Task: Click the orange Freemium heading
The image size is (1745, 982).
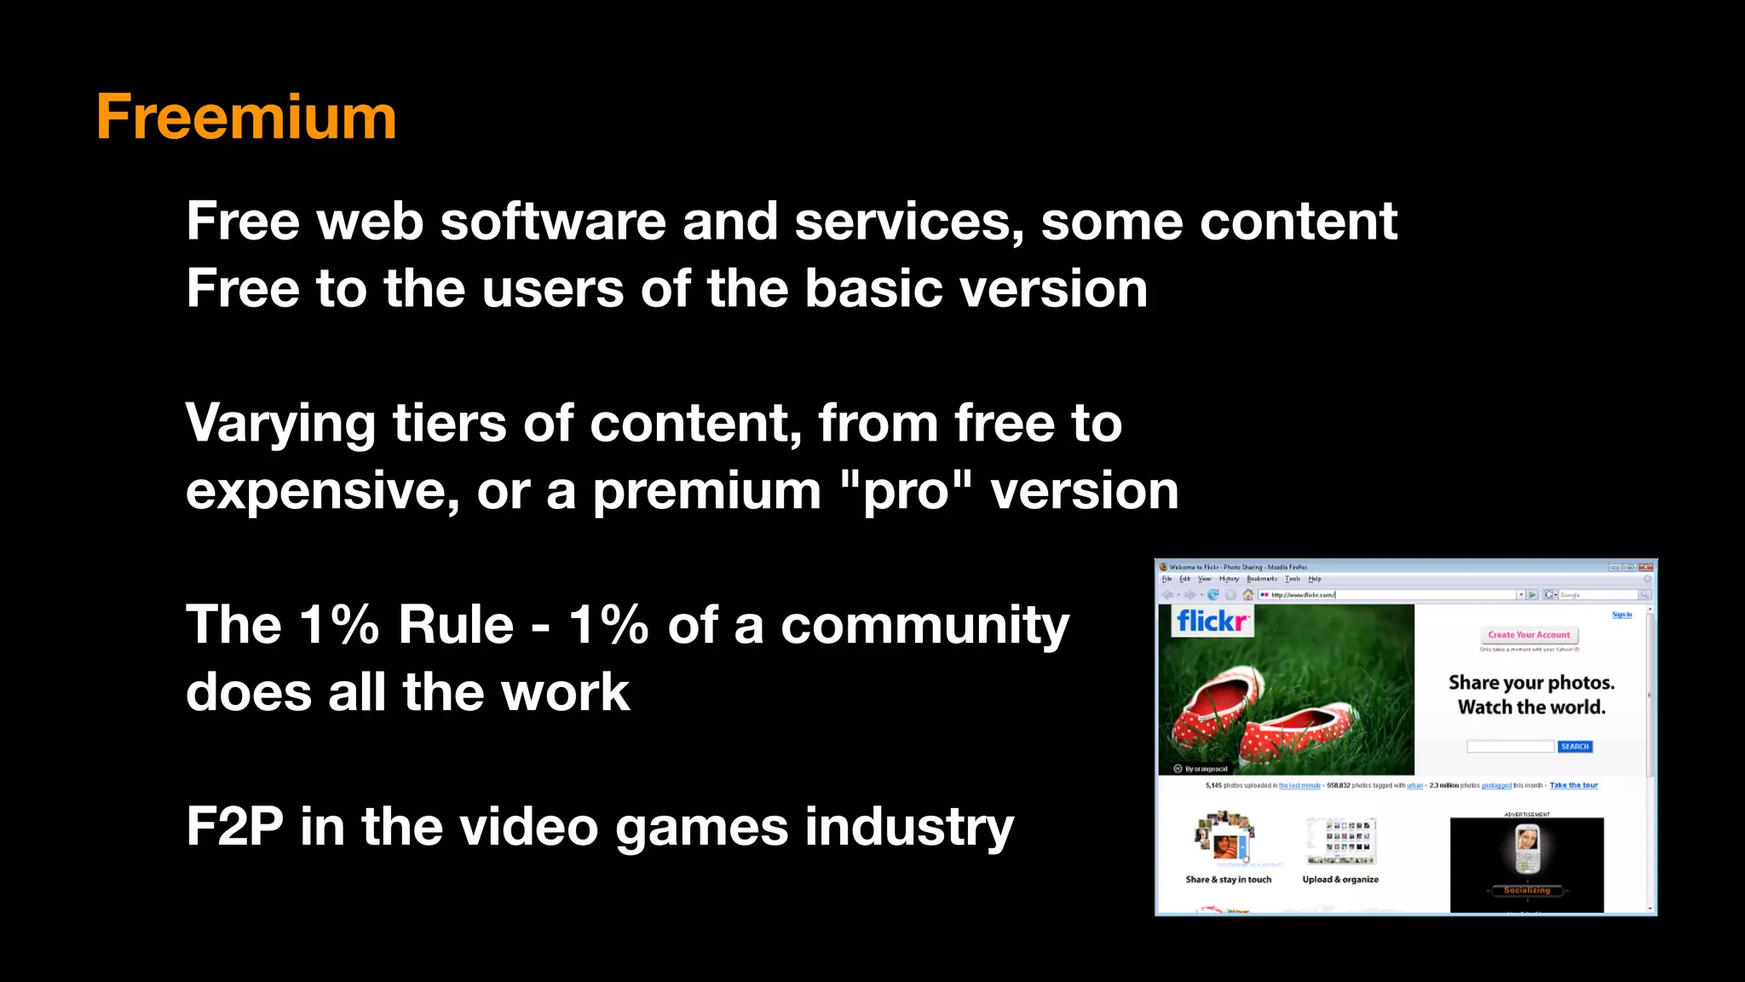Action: (246, 117)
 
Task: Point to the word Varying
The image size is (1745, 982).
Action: (280, 424)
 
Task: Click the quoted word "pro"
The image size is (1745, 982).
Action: (905, 491)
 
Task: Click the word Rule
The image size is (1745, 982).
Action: (456, 625)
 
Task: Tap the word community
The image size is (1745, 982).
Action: (924, 627)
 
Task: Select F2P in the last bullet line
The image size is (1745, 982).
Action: (234, 827)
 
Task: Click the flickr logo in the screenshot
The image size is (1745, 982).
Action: (1212, 621)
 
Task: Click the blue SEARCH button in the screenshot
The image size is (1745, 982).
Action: (1575, 747)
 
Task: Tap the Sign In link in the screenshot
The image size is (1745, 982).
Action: (1621, 615)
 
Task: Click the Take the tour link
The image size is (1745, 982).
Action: (1573, 786)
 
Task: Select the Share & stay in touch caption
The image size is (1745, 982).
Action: (1228, 880)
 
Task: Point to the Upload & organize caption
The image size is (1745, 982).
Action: (1340, 880)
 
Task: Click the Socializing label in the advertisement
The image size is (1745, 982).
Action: (1527, 890)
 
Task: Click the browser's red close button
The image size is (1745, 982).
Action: (1645, 567)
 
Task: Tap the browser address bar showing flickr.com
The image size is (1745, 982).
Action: (1389, 595)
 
